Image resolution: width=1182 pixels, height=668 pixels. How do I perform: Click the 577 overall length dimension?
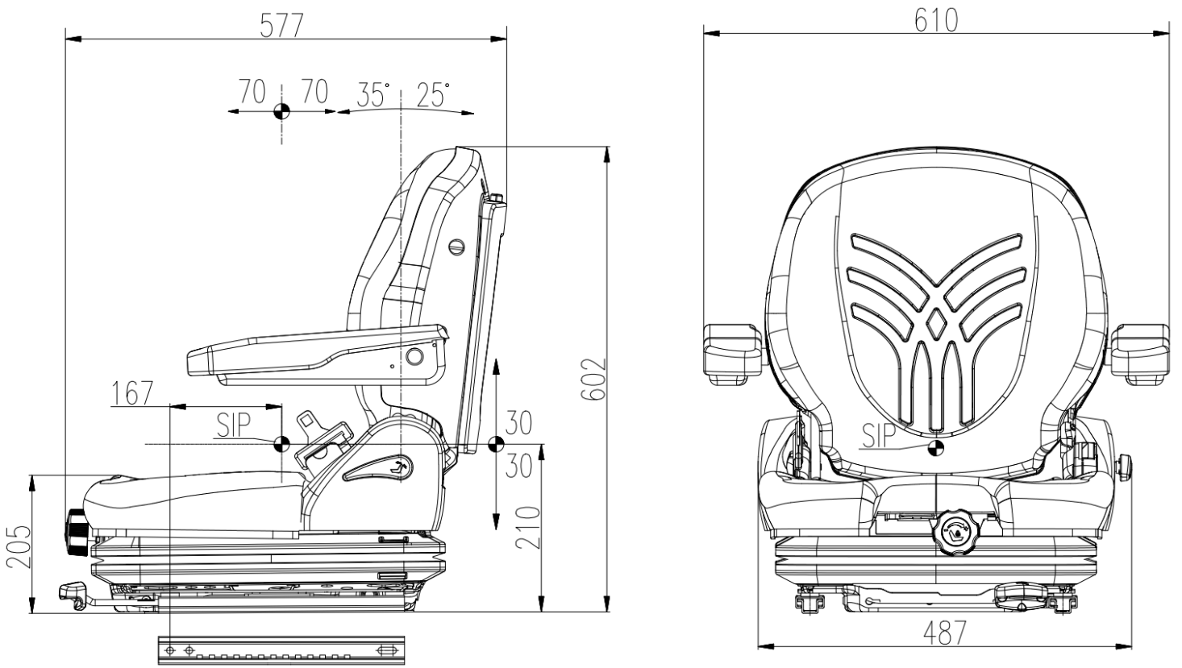pyautogui.click(x=281, y=25)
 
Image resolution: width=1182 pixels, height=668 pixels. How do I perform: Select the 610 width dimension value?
pyautogui.click(x=936, y=21)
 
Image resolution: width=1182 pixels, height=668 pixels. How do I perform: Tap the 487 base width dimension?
pyautogui.click(x=945, y=633)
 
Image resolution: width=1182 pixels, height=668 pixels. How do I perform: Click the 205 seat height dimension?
pyautogui.click(x=19, y=546)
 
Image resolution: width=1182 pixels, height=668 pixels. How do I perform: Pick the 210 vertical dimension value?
pyautogui.click(x=528, y=528)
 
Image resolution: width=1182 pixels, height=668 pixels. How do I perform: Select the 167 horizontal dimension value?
pyautogui.click(x=132, y=392)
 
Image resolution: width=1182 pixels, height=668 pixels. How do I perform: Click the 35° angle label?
pyautogui.click(x=373, y=94)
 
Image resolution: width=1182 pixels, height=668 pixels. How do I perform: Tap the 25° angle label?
pyautogui.click(x=433, y=94)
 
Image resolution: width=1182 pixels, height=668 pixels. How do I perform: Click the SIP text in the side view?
pyautogui.click(x=233, y=425)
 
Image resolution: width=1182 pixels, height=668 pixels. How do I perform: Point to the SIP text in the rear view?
pyautogui.click(x=879, y=436)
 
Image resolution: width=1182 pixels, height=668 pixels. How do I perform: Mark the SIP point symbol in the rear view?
pyautogui.click(x=935, y=449)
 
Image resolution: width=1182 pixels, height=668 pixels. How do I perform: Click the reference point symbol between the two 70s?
pyautogui.click(x=281, y=111)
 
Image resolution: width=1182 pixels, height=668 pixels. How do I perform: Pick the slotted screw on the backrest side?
pyautogui.click(x=457, y=247)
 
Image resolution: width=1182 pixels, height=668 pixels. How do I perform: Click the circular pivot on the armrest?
pyautogui.click(x=414, y=356)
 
